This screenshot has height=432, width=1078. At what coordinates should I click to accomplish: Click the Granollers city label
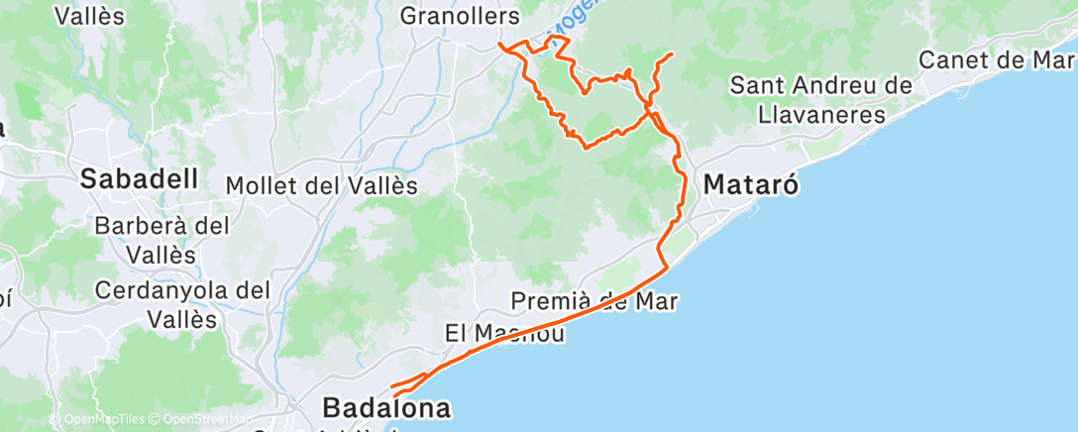click(x=460, y=17)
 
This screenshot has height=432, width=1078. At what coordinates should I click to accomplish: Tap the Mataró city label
click(x=751, y=184)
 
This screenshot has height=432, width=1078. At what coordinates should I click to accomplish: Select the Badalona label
click(x=386, y=408)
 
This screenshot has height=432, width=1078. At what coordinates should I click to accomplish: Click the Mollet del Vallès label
click(x=322, y=185)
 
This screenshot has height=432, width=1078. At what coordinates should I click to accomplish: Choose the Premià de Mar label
click(x=594, y=300)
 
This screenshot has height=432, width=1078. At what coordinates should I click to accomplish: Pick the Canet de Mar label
click(x=996, y=59)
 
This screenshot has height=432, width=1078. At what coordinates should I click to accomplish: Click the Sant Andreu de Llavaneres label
click(x=820, y=100)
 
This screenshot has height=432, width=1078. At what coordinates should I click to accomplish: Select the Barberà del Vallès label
click(x=162, y=239)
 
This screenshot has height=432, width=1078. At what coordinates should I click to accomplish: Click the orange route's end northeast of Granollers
click(x=673, y=53)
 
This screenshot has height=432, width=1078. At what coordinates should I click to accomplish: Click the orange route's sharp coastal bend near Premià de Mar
click(x=667, y=266)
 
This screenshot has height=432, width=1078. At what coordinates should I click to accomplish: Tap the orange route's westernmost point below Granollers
click(x=498, y=45)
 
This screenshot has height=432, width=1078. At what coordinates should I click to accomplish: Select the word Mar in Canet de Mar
click(x=1052, y=59)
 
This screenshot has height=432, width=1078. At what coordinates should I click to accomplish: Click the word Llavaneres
click(x=821, y=115)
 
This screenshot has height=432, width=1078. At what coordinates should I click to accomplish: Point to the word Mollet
click(x=261, y=185)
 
